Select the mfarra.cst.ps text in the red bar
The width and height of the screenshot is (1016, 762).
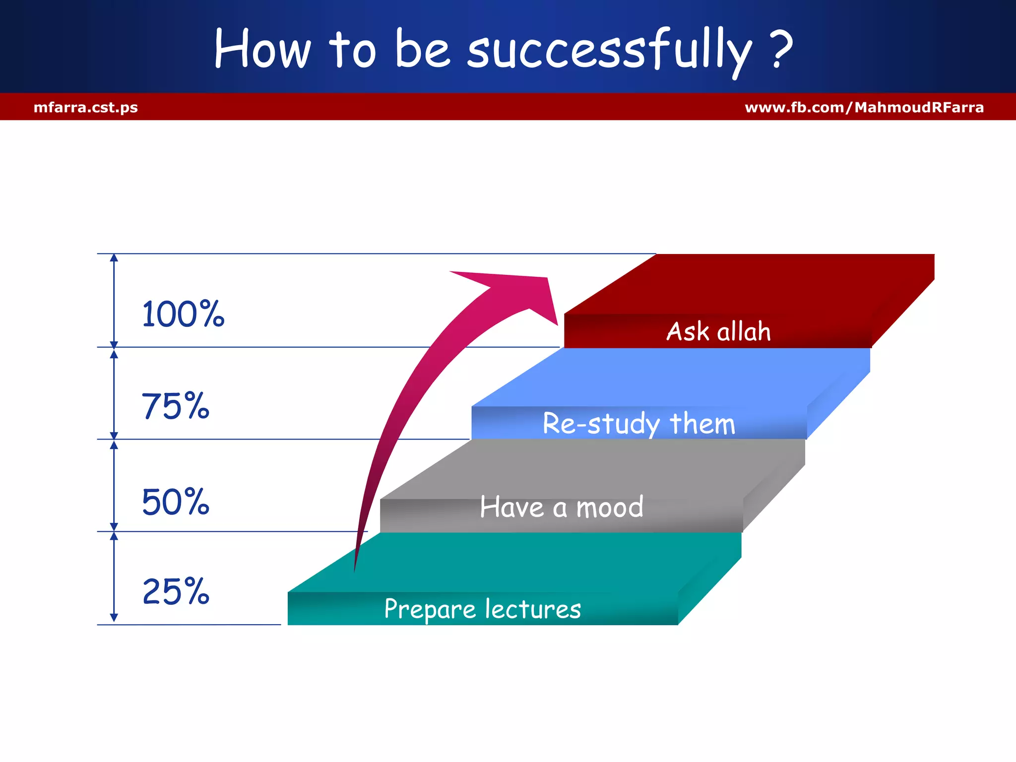click(x=86, y=107)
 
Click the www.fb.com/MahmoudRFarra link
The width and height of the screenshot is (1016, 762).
click(x=864, y=107)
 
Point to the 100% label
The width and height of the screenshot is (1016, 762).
click(x=183, y=315)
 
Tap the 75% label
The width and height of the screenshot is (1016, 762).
click(x=176, y=407)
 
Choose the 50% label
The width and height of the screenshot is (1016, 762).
click(x=176, y=502)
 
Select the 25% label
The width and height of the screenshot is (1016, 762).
click(x=176, y=592)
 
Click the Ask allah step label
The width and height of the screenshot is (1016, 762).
click(x=718, y=331)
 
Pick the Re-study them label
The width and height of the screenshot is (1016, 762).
click(x=639, y=424)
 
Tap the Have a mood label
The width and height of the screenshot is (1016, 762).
click(x=562, y=508)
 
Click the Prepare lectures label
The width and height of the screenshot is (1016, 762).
click(x=482, y=609)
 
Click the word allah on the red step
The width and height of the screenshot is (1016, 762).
click(x=744, y=331)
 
